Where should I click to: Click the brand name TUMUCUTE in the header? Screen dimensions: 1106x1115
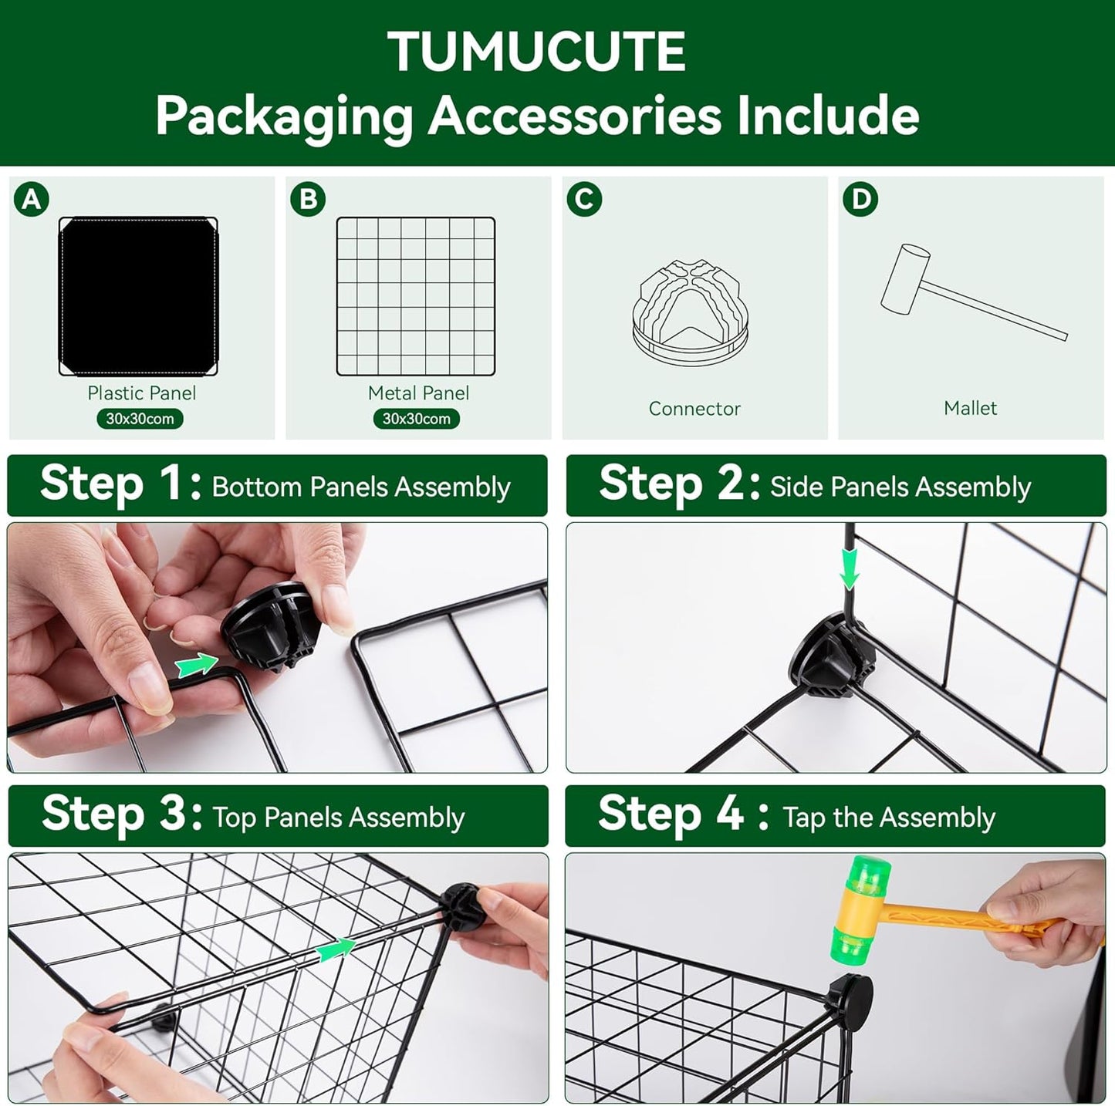click(536, 52)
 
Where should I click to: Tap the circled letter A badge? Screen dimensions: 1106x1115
click(32, 200)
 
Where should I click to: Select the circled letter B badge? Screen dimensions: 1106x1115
click(308, 200)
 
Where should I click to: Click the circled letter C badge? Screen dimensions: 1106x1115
click(584, 200)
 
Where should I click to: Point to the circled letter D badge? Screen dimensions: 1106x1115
click(860, 200)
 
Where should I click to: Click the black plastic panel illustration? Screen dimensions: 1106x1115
click(138, 296)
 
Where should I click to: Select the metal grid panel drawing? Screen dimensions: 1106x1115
click(416, 296)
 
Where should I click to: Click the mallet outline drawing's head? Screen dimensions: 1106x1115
click(905, 278)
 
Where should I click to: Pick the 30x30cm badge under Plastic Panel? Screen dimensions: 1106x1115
click(140, 419)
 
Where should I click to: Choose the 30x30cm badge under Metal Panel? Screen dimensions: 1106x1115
click(416, 419)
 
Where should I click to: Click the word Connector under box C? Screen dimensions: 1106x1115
click(694, 409)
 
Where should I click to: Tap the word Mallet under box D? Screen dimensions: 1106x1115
click(970, 408)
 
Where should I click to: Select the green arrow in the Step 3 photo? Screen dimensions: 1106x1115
click(336, 949)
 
